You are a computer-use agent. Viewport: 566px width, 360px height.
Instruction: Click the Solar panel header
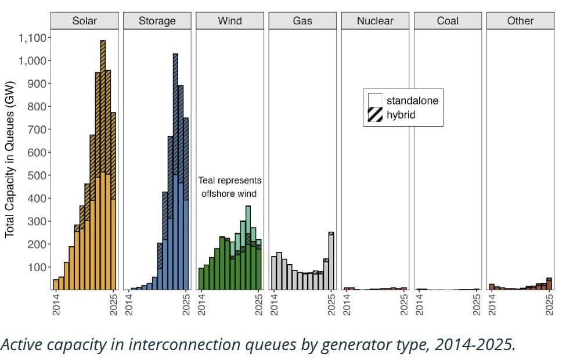click(85, 20)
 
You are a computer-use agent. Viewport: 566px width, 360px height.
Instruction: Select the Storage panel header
click(157, 20)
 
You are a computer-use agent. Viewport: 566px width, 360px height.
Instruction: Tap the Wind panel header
click(230, 20)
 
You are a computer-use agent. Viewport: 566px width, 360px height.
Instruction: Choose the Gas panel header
click(302, 20)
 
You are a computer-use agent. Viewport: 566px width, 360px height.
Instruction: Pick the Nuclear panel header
click(375, 20)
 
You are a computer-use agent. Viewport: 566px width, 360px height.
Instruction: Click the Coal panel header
click(448, 20)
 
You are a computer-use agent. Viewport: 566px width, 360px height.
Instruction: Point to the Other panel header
click(521, 20)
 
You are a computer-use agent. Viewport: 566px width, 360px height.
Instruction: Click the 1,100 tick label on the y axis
click(33, 38)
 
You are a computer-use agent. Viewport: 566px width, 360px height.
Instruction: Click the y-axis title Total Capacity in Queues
click(10, 159)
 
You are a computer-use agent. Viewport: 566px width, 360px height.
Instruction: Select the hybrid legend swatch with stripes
click(375, 114)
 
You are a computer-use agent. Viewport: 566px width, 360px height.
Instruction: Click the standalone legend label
click(412, 100)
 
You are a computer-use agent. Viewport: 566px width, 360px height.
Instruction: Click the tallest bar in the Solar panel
click(103, 165)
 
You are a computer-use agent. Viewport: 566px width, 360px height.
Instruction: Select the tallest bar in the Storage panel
click(175, 172)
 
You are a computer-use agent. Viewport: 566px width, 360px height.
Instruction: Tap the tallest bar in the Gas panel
click(331, 261)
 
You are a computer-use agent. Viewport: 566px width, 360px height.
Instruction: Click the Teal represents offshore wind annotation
click(229, 187)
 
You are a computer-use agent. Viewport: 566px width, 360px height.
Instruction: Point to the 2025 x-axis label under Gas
click(331, 305)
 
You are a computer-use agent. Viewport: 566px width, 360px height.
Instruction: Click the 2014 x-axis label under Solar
click(56, 305)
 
